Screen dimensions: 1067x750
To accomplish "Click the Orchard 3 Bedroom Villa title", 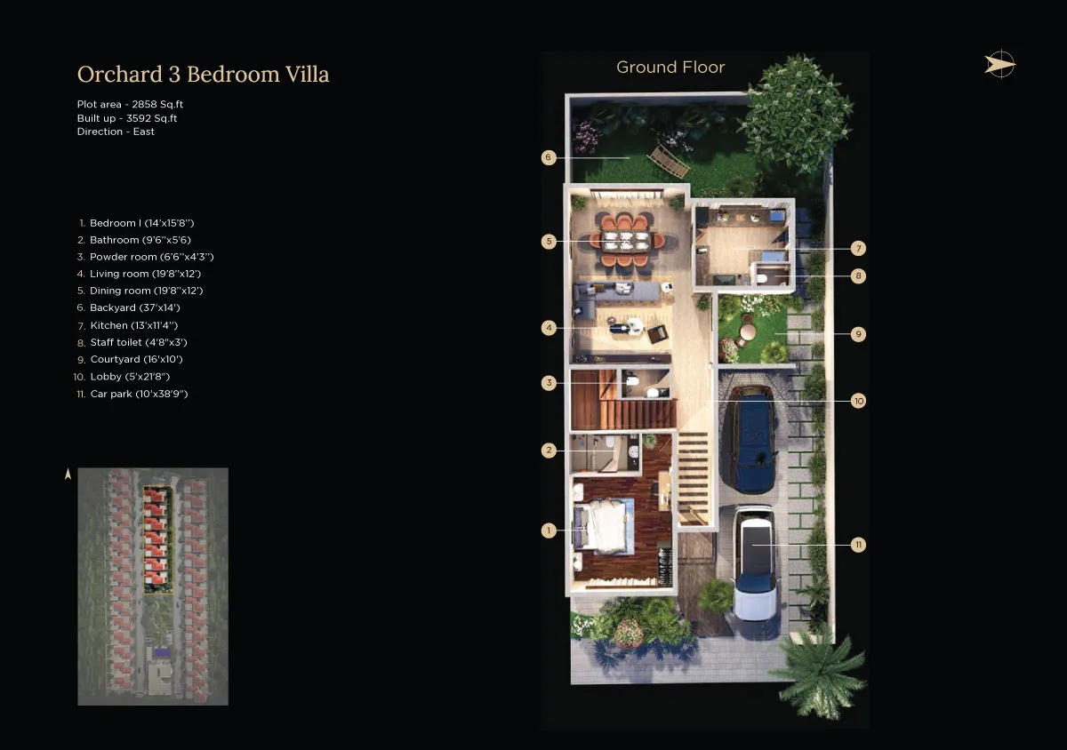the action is pyautogui.click(x=203, y=75).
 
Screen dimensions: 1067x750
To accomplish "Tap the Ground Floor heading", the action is pyautogui.click(x=670, y=68).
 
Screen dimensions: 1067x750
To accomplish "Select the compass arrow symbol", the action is pyautogui.click(x=999, y=64).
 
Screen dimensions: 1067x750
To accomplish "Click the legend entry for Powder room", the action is pyautogui.click(x=145, y=257).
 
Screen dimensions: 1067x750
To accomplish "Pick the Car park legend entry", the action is pyautogui.click(x=132, y=394).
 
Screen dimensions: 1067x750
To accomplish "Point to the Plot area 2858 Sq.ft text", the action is pyautogui.click(x=130, y=104).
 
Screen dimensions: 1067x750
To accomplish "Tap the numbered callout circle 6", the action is pyautogui.click(x=549, y=157).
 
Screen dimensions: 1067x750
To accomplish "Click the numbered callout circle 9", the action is pyautogui.click(x=858, y=334).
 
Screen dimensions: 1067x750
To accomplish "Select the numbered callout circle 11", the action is pyautogui.click(x=858, y=545).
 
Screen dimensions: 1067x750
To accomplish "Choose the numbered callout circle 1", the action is pyautogui.click(x=549, y=531).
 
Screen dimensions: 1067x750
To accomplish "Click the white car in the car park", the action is pyautogui.click(x=755, y=562).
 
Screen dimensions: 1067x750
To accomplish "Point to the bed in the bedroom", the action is pyautogui.click(x=603, y=527).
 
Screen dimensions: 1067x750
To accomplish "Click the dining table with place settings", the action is pyautogui.click(x=626, y=241).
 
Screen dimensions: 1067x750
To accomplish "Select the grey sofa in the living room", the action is pyautogui.click(x=614, y=295).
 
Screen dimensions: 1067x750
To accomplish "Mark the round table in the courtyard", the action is pyautogui.click(x=748, y=331).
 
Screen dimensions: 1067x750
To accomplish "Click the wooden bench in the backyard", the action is pyautogui.click(x=668, y=161).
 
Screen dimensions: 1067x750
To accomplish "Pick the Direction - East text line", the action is pyautogui.click(x=116, y=132).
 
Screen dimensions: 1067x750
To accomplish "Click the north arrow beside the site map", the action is pyautogui.click(x=68, y=474).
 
